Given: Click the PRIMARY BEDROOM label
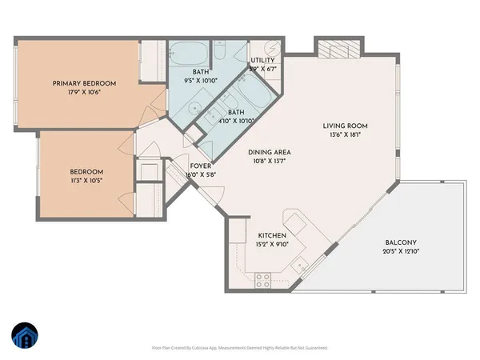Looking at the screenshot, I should tap(85, 83).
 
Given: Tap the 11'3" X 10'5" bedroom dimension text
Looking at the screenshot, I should tap(85, 180).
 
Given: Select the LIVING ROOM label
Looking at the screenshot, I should tap(344, 126).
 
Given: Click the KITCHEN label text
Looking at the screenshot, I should tap(272, 234).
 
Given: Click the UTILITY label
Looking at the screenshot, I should tap(263, 61).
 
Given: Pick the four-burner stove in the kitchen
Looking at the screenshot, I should tap(263, 279).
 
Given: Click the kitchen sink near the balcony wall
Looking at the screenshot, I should tap(299, 265).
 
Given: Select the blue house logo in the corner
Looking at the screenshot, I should tap(24, 337).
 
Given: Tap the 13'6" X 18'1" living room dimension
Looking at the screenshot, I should tap(344, 135).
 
